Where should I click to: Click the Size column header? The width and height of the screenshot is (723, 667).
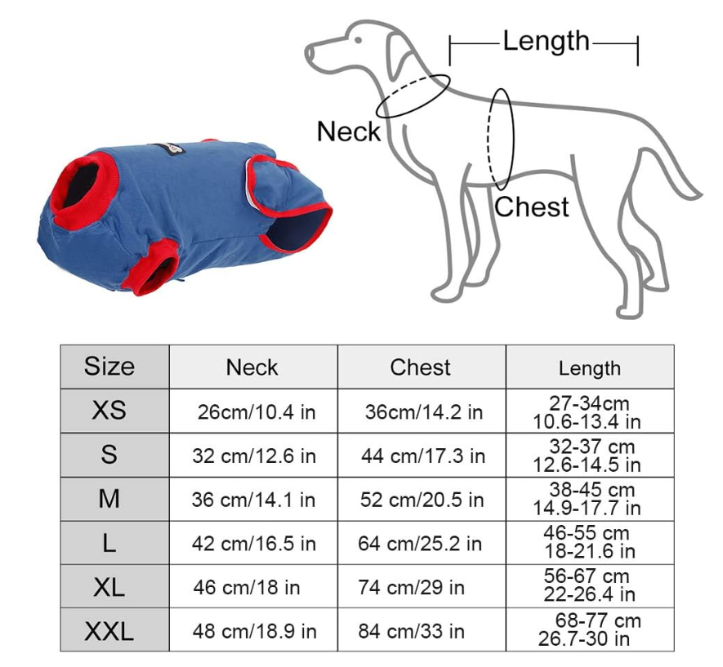point(109,367)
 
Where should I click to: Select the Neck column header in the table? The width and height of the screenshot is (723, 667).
point(252,367)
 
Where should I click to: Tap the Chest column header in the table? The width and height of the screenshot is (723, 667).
point(420,367)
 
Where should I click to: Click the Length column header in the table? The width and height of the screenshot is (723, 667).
point(590,368)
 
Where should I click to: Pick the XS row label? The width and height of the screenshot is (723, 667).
point(109,410)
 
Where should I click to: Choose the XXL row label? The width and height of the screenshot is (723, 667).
point(109,631)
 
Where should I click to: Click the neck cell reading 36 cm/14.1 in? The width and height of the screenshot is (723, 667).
point(253,500)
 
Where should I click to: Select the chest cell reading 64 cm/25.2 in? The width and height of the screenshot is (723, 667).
point(420,544)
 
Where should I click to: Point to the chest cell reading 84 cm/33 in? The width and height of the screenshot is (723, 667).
point(411,632)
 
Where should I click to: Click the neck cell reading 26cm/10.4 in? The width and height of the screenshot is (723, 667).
point(257,411)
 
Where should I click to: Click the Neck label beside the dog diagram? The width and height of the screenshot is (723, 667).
point(349,131)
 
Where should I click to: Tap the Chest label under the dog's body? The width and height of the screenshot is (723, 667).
point(532,207)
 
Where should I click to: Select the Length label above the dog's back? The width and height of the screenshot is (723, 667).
point(546,41)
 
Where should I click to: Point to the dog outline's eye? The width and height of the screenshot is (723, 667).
point(359,40)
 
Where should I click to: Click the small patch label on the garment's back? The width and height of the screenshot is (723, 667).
point(169,149)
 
